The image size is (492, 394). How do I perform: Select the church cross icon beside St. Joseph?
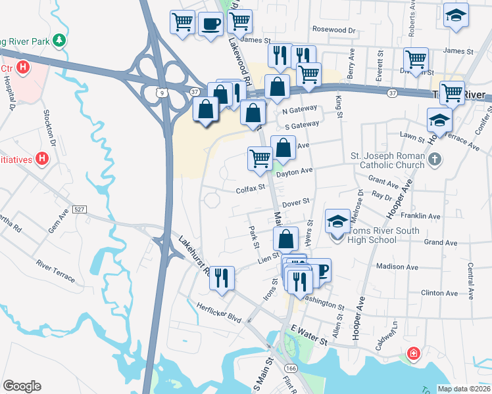(x=435, y=160)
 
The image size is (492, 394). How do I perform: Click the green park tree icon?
(x=60, y=41)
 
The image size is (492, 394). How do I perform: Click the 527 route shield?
(x=80, y=209)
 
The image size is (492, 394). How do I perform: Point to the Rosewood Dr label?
(x=333, y=30)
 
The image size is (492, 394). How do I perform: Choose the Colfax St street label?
(x=250, y=188)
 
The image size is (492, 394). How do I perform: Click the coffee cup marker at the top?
(x=210, y=24)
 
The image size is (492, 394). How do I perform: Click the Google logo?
(x=22, y=386)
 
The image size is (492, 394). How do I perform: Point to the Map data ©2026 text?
(x=464, y=389)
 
